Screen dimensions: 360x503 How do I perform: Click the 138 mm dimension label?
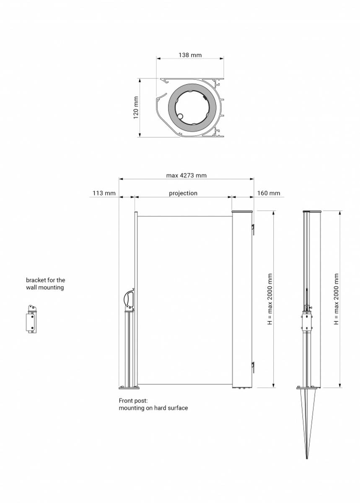tap(190, 55)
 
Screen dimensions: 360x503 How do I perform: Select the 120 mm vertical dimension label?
tap(136, 108)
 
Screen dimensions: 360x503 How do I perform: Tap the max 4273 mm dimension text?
tap(186, 175)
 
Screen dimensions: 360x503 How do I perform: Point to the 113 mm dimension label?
tap(104, 193)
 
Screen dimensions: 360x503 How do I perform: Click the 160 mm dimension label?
tap(269, 193)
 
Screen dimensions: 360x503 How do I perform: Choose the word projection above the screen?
tap(183, 193)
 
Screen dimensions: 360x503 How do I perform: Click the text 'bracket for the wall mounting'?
tap(45, 284)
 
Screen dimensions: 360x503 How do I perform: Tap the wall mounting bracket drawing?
tap(31, 319)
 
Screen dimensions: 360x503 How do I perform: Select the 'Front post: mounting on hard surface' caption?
tap(153, 404)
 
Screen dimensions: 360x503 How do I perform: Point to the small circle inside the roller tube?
tap(180, 117)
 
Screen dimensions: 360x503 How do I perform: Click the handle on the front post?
tap(129, 299)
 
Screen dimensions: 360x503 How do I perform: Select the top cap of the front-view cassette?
tap(242, 212)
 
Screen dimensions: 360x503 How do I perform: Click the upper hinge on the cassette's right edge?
tap(253, 230)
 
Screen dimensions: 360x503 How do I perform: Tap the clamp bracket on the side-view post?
tap(307, 322)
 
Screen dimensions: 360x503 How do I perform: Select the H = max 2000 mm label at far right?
tap(336, 299)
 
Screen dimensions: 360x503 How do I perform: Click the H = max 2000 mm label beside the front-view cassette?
tap(270, 299)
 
